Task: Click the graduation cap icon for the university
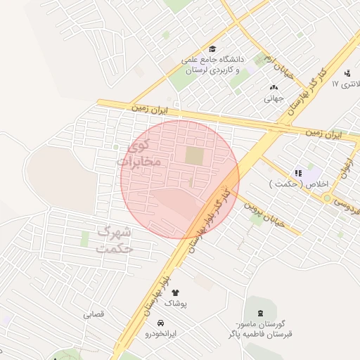click(212, 49)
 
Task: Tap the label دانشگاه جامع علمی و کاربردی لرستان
click(213, 65)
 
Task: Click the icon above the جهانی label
click(274, 87)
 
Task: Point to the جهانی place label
click(274, 98)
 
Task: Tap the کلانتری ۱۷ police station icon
click(347, 72)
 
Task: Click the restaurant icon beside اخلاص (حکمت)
click(298, 173)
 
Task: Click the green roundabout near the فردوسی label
click(328, 199)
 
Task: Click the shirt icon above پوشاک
click(175, 292)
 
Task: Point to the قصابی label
click(94, 314)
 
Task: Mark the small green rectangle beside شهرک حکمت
click(84, 239)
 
